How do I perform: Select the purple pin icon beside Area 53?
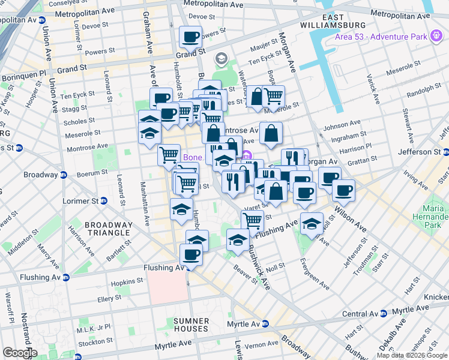click(x=436, y=37)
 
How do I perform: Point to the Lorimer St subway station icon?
click(x=103, y=200)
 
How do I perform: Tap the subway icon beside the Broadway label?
click(x=63, y=175)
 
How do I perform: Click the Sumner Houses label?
click(x=191, y=325)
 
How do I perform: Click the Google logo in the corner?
click(x=19, y=353)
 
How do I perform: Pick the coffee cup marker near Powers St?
click(x=190, y=37)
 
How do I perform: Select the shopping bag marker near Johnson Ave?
click(x=271, y=133)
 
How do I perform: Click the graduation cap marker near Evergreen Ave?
click(x=311, y=223)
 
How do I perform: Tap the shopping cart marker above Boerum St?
click(x=169, y=155)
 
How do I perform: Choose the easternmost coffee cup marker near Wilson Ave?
click(x=343, y=190)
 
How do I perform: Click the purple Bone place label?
click(x=192, y=157)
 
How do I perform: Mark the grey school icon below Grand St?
click(x=221, y=58)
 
